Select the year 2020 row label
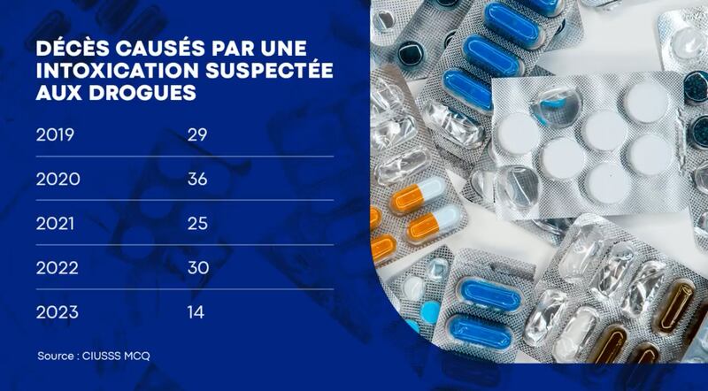tap(58, 180)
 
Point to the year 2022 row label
tap(58, 268)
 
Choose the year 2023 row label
tap(58, 312)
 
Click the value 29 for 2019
tap(196, 135)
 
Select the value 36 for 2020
tap(197, 180)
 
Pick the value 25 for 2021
tap(196, 224)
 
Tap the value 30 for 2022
tap(197, 268)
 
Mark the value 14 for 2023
tap(196, 312)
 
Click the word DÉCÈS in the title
tap(65, 50)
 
